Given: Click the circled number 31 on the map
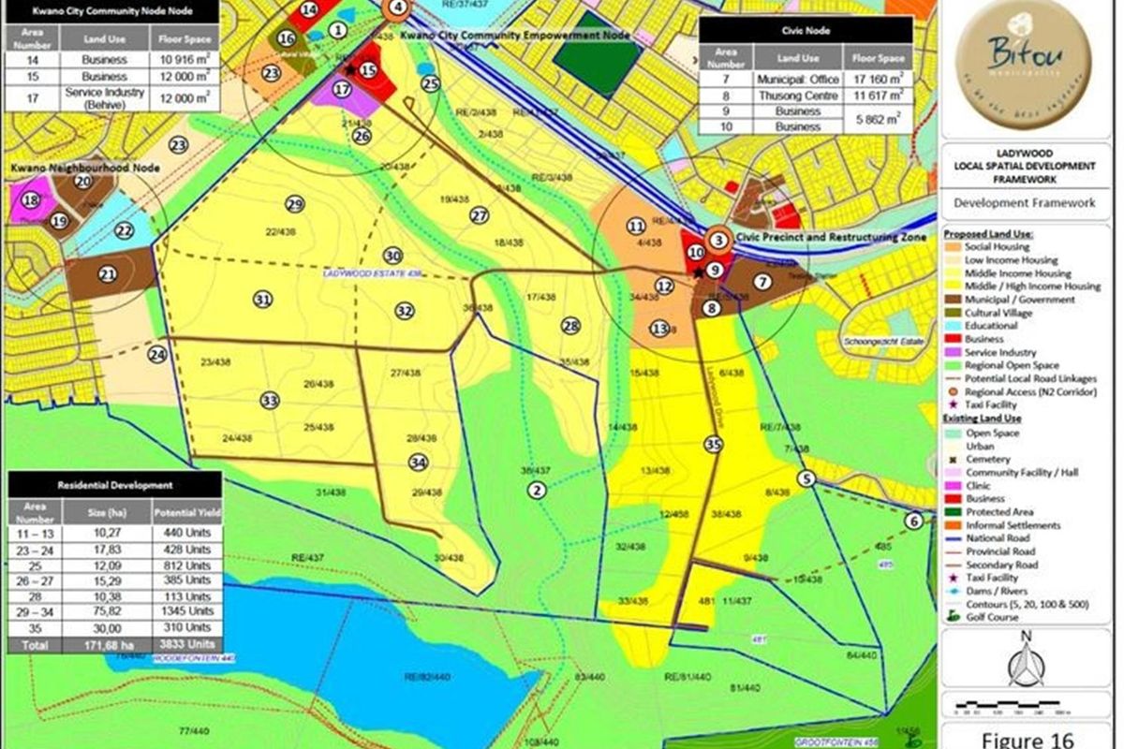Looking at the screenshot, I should [263, 299].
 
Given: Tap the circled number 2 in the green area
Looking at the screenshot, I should [537, 490].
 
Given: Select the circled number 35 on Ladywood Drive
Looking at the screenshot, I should [715, 445].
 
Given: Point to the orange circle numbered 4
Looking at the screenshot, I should [398, 7].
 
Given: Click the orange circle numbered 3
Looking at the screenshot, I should [719, 240].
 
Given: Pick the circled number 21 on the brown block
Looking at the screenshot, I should [108, 273].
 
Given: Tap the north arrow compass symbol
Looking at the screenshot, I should [1027, 660].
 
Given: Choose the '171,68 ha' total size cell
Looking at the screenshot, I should [120, 645].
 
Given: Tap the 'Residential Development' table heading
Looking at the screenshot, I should [114, 485].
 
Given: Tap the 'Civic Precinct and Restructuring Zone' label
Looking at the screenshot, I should [831, 238].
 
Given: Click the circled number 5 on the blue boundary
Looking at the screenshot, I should [807, 479].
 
